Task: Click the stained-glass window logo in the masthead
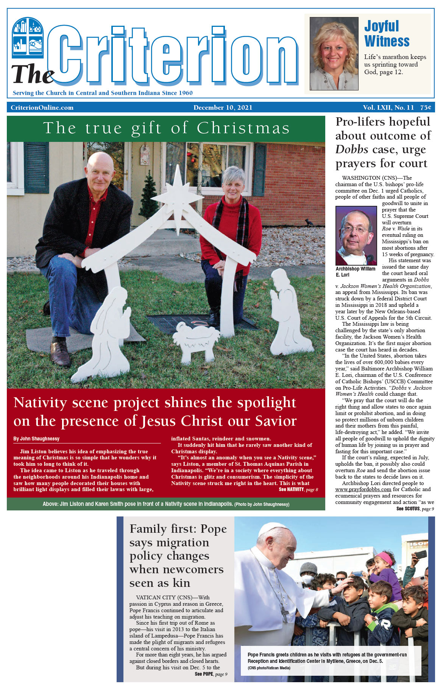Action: [28, 38]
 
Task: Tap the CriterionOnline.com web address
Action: [42, 108]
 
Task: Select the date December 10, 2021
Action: [223, 108]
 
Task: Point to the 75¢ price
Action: [425, 108]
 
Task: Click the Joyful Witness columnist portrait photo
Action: [334, 53]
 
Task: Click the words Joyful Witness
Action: [386, 34]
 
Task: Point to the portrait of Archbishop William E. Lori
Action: [356, 235]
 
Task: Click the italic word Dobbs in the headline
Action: [352, 150]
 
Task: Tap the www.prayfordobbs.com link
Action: [363, 490]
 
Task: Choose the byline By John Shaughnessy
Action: [36, 439]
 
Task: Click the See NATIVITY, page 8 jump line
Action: [298, 490]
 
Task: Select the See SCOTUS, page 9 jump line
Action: [415, 509]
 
